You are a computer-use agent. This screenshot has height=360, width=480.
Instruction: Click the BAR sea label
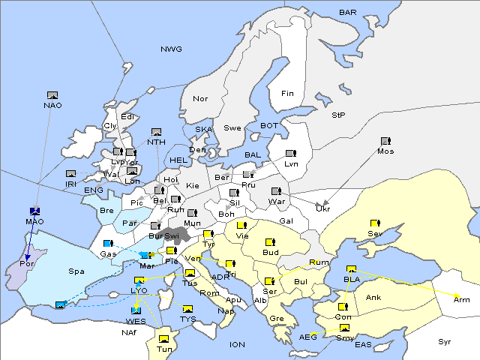347,13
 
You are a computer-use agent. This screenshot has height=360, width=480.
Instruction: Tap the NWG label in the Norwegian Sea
171,49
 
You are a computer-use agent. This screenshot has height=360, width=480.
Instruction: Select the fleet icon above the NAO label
52,95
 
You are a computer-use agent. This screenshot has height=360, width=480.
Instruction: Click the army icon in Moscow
385,141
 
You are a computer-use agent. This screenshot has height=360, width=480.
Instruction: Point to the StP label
338,115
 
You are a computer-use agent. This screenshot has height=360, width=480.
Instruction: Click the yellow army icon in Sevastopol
375,223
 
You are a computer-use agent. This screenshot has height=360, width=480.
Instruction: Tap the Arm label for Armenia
462,299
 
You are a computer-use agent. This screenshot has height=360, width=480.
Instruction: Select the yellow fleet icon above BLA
351,269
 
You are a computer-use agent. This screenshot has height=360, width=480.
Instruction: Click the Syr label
445,341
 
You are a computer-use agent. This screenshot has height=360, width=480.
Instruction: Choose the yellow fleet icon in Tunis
163,338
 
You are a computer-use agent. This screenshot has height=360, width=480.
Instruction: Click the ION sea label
237,345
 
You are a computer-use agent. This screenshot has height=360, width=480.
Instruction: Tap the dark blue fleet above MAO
34,211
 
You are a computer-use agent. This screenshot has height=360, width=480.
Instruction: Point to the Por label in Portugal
27,265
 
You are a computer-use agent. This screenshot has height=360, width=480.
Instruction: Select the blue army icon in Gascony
108,244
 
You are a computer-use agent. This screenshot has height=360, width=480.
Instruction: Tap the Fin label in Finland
287,94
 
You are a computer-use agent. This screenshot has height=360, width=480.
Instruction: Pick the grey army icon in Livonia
289,154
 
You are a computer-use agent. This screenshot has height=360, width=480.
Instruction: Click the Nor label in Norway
200,99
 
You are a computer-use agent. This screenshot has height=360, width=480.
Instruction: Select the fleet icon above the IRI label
70,174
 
